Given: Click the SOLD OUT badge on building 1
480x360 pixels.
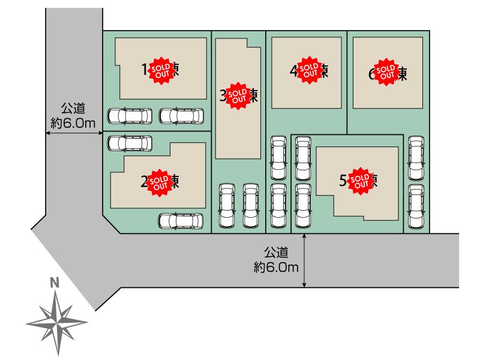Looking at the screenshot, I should pos(160,69).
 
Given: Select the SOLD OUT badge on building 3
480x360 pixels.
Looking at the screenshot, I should pos(238,95).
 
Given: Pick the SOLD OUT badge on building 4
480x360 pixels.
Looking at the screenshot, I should pos(309,71).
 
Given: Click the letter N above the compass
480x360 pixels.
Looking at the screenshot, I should pos(55,281).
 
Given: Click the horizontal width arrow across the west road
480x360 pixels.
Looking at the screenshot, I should pos(73,134).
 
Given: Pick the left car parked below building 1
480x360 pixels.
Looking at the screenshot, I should pos(129,115).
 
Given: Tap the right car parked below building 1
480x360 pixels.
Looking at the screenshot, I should pos(182,115).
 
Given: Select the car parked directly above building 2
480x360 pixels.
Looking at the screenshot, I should pos(129,143).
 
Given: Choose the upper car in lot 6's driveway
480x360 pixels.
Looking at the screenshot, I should pos(415,158).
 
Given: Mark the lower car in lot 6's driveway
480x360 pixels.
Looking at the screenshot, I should pos(415,206).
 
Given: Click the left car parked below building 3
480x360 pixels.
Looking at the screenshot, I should pos(226,205).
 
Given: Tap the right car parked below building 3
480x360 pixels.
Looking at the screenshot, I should pos(251,205).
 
